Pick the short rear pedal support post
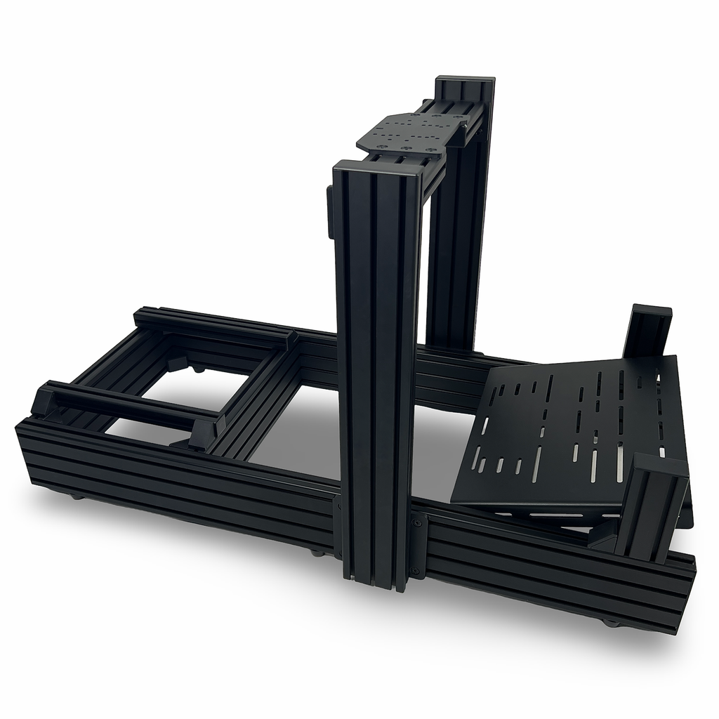tap(647, 330)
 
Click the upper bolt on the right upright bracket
tap(419, 522)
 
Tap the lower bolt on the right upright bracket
tap(416, 570)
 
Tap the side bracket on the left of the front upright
tap(330, 211)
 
